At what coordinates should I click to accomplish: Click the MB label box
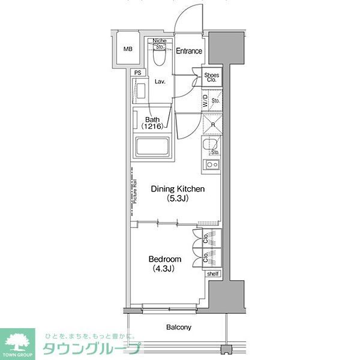(x=127, y=50)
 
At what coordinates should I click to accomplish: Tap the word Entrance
(x=189, y=51)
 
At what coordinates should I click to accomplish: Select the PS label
(x=138, y=73)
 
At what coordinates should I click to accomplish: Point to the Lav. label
(x=160, y=82)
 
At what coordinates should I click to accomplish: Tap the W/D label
(x=205, y=100)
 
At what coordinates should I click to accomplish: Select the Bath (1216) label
(x=153, y=123)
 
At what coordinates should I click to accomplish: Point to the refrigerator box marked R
(x=213, y=125)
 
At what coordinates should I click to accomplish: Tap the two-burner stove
(x=212, y=164)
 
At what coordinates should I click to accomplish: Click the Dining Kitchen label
(x=178, y=189)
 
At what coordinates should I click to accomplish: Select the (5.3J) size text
(x=178, y=199)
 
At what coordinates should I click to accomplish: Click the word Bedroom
(x=166, y=259)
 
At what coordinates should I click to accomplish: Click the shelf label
(x=213, y=274)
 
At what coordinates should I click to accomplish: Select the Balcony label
(x=178, y=327)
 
